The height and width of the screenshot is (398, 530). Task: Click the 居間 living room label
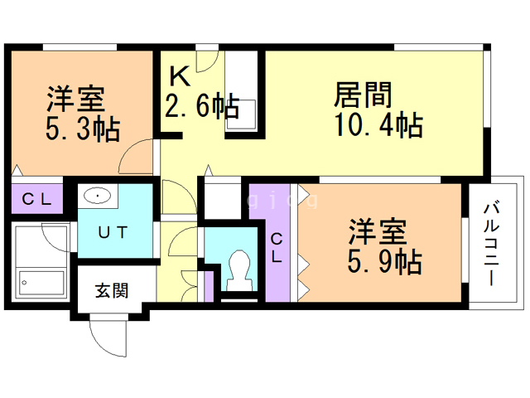tap(363, 95)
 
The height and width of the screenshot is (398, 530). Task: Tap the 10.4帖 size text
tap(379, 125)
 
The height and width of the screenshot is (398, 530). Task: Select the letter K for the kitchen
tap(180, 76)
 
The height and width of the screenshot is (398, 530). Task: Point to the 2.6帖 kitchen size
tap(202, 105)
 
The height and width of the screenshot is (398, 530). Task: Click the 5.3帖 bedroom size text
tap(83, 129)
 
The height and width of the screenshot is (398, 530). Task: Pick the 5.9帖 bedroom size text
tap(384, 261)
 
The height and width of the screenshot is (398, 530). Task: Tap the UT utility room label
tap(113, 232)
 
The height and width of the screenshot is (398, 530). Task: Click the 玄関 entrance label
tap(112, 291)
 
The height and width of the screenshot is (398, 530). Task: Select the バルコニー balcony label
tap(492, 244)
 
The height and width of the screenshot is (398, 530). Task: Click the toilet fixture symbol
tap(239, 270)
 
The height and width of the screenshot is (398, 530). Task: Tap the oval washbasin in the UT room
tap(98, 196)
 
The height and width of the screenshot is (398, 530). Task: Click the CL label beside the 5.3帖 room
tap(36, 199)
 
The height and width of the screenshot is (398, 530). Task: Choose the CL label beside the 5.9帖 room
tap(277, 249)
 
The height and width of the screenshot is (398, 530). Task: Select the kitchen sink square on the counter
tap(241, 114)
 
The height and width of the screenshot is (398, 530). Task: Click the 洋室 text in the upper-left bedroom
tap(75, 99)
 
